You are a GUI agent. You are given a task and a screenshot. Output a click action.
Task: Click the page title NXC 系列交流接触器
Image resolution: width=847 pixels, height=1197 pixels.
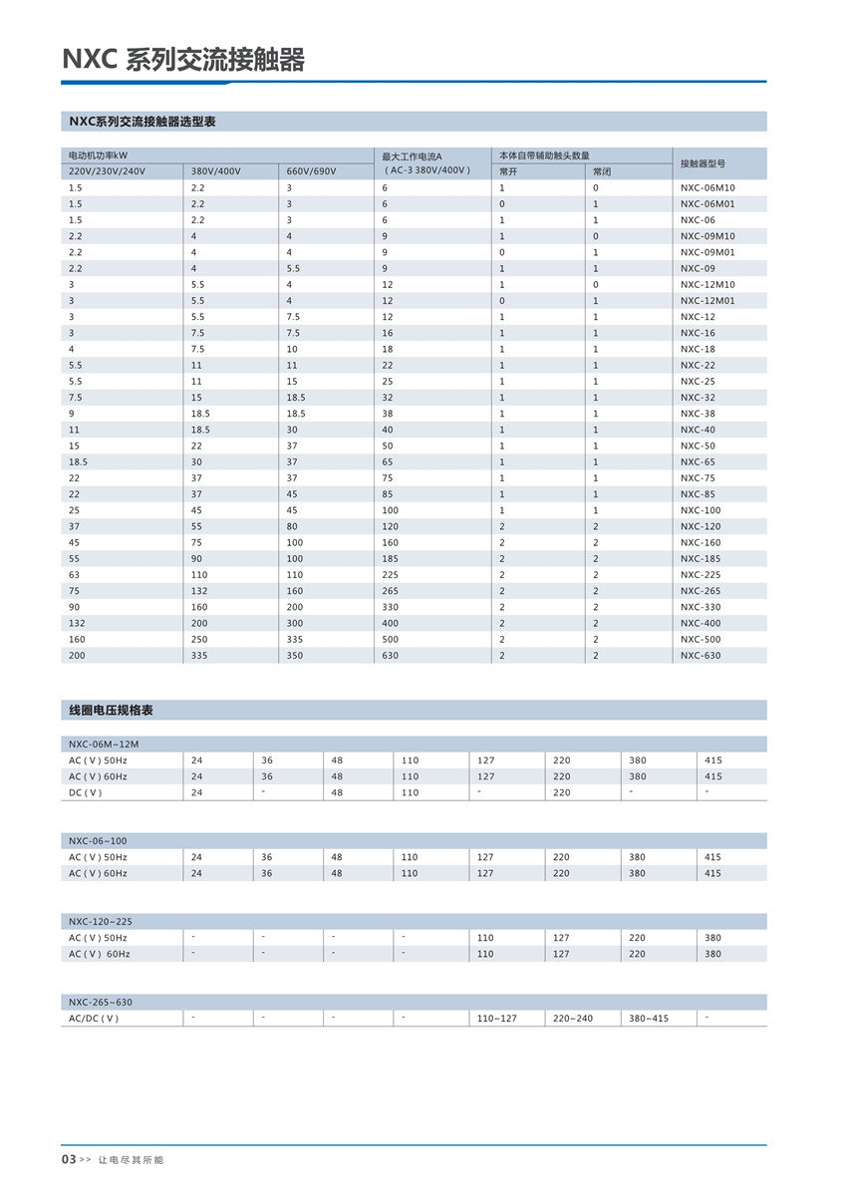183,60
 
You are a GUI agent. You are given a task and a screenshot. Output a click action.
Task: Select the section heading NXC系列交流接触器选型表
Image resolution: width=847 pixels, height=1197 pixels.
142,122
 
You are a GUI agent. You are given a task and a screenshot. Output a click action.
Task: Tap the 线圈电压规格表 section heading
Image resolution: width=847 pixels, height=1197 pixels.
111,711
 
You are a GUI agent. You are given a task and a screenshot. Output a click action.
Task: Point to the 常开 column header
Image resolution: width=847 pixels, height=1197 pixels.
508,171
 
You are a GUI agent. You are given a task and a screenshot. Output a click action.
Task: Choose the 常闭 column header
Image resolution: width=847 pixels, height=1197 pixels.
602,171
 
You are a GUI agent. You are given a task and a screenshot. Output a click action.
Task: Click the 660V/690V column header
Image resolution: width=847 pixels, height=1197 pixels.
311,171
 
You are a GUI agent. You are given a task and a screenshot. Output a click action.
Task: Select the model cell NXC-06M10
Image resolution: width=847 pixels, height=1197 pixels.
707,187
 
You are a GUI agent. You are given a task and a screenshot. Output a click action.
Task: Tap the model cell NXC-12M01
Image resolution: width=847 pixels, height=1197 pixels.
707,301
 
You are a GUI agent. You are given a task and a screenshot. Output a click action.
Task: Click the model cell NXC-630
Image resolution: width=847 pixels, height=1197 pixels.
701,656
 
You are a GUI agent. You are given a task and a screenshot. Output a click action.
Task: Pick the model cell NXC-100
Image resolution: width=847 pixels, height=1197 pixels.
701,510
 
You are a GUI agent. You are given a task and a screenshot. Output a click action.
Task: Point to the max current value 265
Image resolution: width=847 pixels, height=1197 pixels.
390,591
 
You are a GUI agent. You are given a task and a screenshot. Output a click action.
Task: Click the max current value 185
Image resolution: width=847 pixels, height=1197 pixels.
390,559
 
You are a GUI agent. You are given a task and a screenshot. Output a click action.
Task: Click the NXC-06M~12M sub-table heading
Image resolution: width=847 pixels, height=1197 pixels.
104,745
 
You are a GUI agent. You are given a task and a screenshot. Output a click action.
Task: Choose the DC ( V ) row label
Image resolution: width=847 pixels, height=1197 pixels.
86,793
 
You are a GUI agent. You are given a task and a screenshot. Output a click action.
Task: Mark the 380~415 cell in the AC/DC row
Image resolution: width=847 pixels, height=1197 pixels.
649,1019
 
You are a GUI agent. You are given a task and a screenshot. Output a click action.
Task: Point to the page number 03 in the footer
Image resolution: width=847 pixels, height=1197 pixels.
69,1160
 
